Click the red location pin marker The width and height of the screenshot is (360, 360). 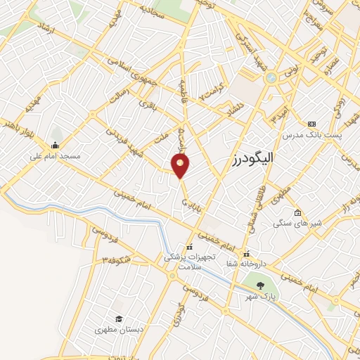181,167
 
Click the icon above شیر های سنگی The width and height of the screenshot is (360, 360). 297,213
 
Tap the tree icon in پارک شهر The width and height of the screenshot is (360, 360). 262,285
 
